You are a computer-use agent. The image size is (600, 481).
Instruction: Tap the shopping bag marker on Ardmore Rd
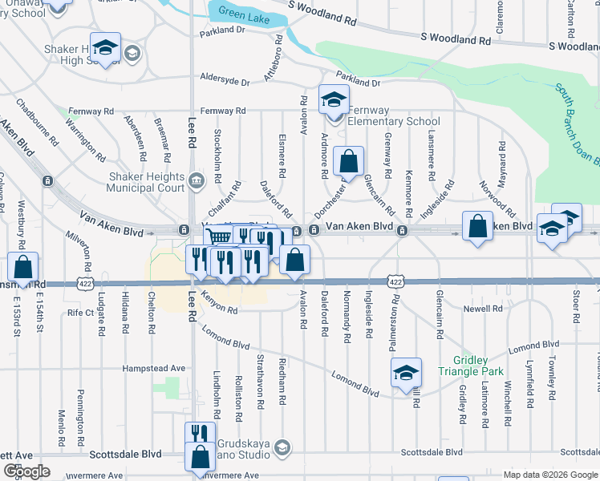(x=349, y=162)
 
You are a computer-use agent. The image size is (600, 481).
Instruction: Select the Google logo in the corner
(x=26, y=471)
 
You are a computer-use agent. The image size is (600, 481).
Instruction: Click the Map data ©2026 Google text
(x=549, y=474)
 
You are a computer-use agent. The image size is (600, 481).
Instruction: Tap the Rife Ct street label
(x=81, y=313)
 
